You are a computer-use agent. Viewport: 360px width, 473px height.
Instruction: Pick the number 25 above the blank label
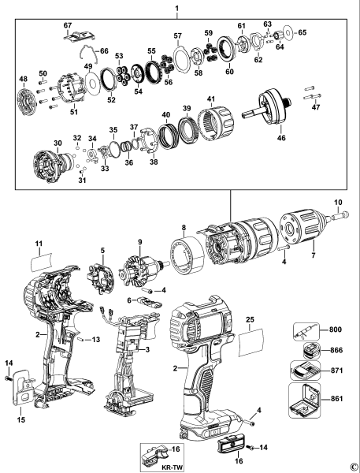[x=250, y=321]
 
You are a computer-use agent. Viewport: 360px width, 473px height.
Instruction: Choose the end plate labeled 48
[x=29, y=101]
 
